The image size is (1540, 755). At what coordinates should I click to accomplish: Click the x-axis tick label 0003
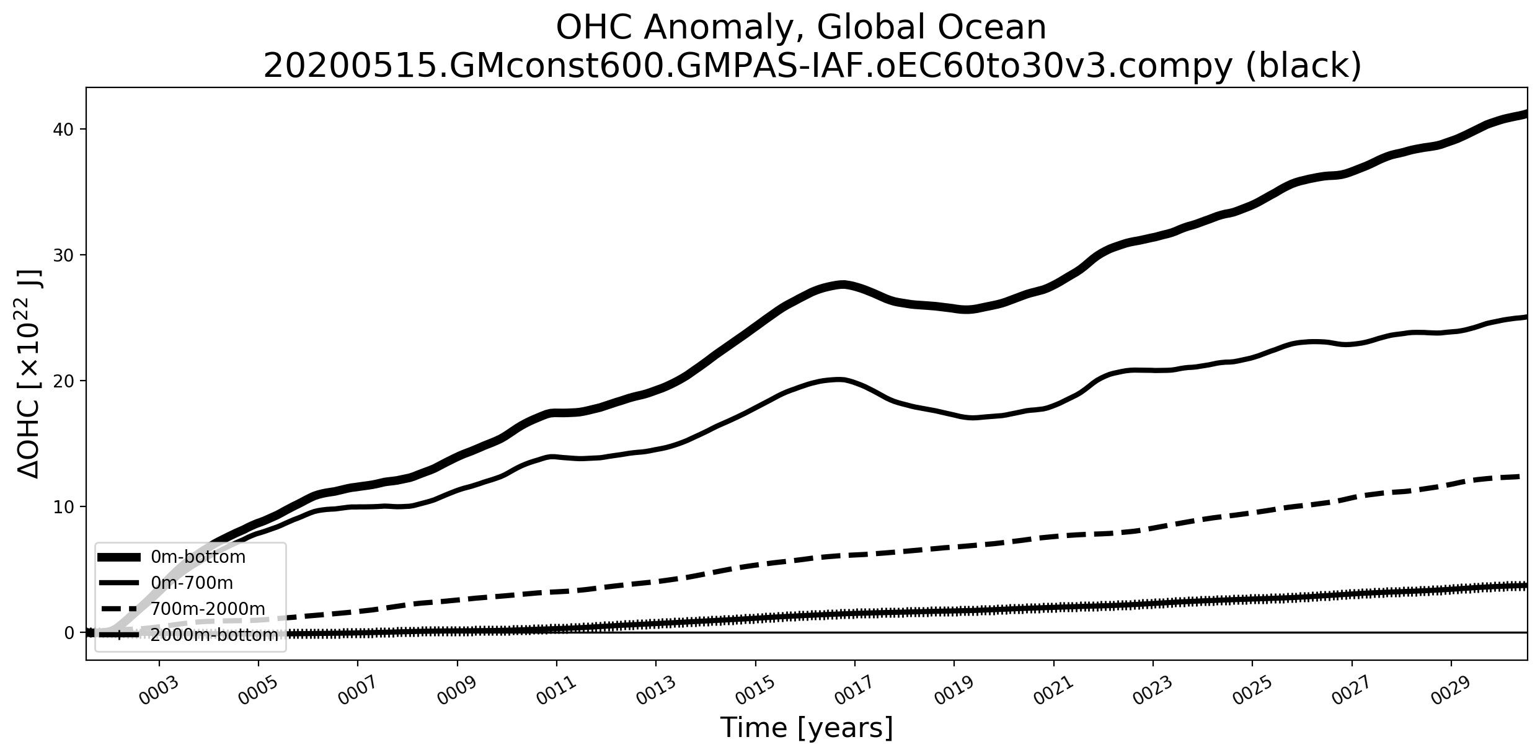pos(158,691)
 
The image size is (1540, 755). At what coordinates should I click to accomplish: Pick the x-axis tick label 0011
pos(555,691)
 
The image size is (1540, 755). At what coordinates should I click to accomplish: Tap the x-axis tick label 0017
pos(854,691)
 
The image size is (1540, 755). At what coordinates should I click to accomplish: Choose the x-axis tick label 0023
pos(1152,691)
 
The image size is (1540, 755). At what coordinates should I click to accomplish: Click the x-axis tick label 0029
pos(1450,691)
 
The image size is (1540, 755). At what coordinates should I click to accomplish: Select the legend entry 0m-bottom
pos(198,557)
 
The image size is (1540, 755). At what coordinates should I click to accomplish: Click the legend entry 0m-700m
pos(192,583)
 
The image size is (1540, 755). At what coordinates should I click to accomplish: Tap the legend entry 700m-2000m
pos(208,609)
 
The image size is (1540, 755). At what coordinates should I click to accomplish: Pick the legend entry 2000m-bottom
pos(214,635)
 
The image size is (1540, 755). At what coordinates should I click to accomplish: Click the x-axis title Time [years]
pos(806,728)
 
